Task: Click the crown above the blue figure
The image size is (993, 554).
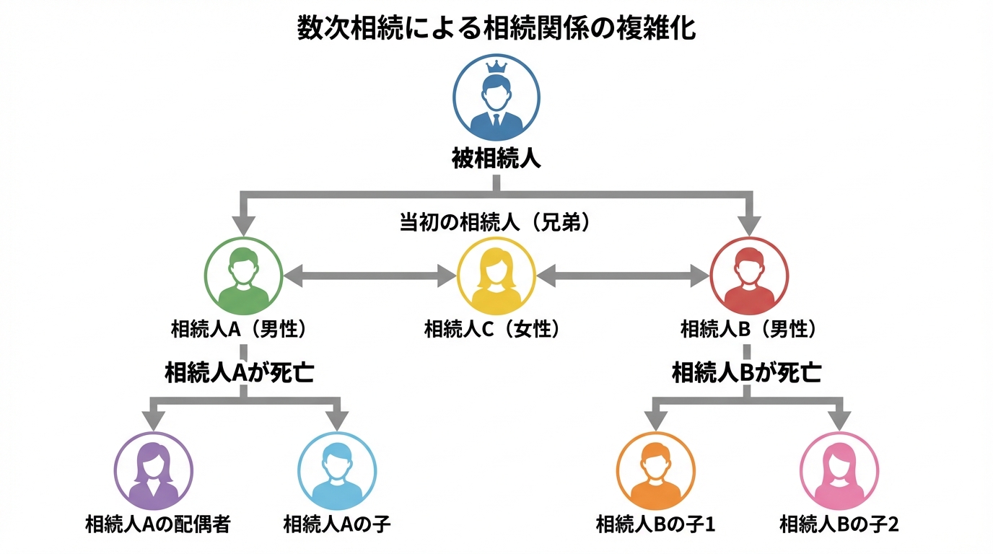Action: point(496,67)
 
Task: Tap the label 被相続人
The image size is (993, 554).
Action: point(496,158)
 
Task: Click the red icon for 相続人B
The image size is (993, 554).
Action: point(749,276)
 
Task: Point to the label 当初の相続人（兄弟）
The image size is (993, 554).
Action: point(496,223)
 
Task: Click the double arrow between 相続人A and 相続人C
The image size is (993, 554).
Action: point(370,275)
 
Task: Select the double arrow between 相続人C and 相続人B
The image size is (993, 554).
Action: point(623,275)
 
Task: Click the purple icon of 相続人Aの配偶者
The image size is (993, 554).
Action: point(154,471)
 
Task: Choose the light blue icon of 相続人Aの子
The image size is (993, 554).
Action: point(337,471)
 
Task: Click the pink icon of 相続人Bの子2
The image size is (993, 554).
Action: point(839,471)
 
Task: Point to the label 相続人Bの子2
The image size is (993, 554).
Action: point(839,524)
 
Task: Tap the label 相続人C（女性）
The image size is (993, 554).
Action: point(492,330)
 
